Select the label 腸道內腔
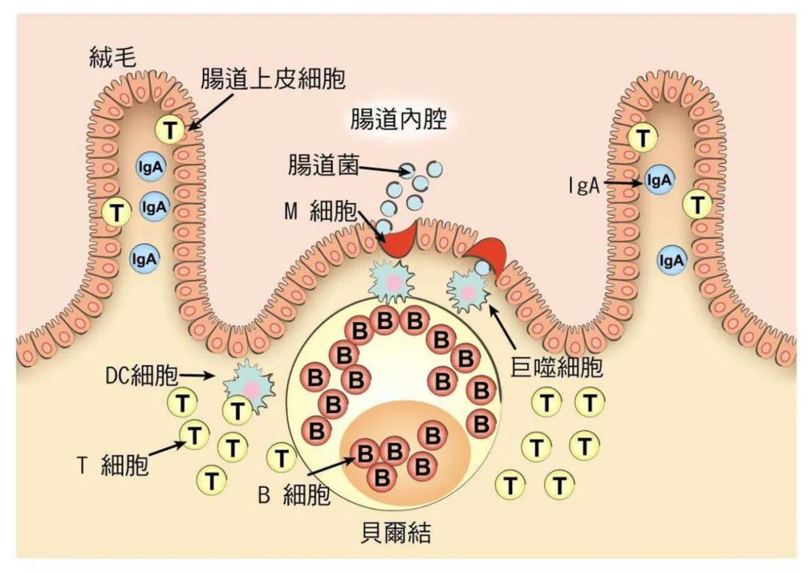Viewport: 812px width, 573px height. (398, 120)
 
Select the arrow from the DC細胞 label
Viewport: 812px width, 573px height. (201, 374)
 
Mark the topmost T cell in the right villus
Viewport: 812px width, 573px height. (643, 138)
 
